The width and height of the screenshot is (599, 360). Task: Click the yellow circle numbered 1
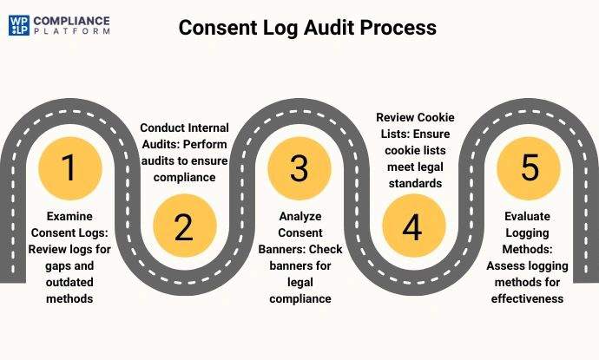tap(69, 167)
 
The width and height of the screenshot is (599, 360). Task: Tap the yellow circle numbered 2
tap(183, 226)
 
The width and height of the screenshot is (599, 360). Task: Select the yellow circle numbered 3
tap(299, 167)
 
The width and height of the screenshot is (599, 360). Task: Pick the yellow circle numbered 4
tap(412, 227)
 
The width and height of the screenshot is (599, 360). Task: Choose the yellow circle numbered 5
tap(529, 167)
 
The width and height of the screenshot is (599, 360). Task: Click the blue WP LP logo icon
tap(19, 24)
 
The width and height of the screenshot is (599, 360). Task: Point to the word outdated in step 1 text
tap(69, 284)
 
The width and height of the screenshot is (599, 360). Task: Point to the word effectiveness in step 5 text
tap(529, 299)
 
